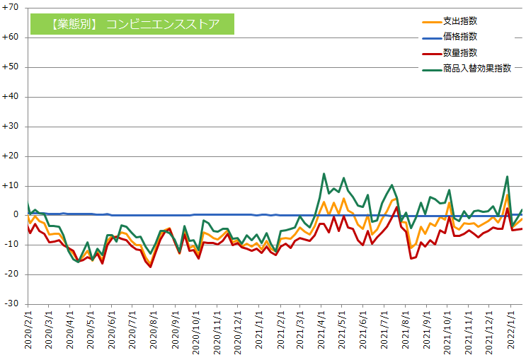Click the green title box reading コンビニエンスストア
pos(132,25)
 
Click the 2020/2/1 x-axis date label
pos(28,332)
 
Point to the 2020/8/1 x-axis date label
pos(154,332)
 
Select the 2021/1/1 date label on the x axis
pos(260,332)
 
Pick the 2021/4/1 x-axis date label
pos(322,332)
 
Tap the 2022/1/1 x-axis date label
pos(512,332)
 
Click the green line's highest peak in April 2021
pos(324,173)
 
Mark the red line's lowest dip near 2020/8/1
pos(151,267)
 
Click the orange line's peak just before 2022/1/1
pos(507,194)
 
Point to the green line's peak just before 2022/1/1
pos(507,177)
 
